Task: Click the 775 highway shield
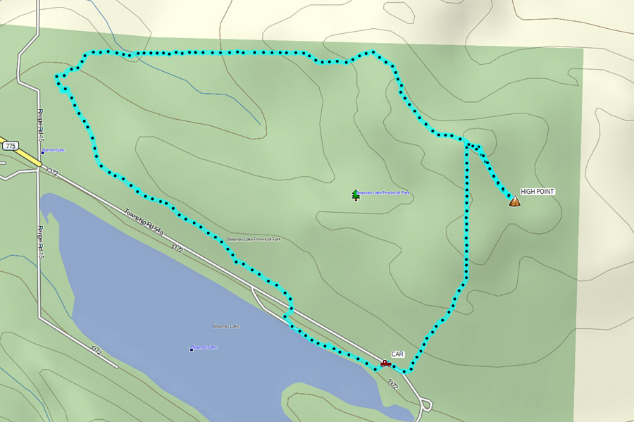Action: pos(10,146)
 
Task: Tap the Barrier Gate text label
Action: pos(54,150)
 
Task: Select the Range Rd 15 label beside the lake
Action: pos(41,242)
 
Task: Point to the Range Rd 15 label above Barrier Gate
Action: pos(41,123)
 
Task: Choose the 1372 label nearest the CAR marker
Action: pos(392,383)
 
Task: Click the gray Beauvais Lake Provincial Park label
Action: pos(254,240)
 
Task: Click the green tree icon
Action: pos(356,194)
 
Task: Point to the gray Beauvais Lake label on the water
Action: pos(226,326)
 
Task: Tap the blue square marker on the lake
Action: pos(192,349)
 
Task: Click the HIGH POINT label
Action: pos(537,192)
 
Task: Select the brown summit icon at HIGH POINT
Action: pos(514,201)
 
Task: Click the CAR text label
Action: pos(397,354)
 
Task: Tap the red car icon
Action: pos(386,364)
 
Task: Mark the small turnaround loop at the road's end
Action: pos(426,405)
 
